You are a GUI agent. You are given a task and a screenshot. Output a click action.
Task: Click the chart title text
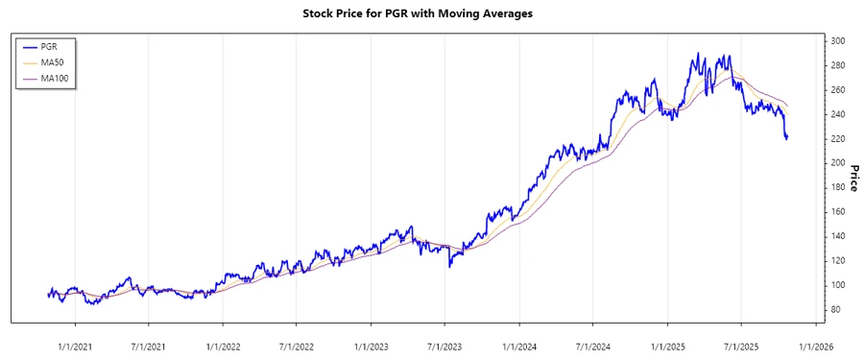(431, 14)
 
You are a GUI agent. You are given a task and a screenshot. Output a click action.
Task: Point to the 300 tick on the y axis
(838, 41)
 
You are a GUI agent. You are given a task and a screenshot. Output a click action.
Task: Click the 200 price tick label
(838, 163)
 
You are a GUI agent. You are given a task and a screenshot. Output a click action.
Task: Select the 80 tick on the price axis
(836, 309)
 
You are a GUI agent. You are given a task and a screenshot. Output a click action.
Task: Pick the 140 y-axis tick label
(838, 236)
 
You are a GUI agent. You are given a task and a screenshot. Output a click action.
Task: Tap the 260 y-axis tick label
(838, 90)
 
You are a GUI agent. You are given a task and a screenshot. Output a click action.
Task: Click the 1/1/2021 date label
(75, 346)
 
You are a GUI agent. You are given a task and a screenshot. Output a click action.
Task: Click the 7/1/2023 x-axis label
(444, 346)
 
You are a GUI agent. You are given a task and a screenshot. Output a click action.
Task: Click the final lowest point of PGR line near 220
(786, 139)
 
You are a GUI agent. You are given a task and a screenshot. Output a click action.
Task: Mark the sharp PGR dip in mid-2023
(450, 266)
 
